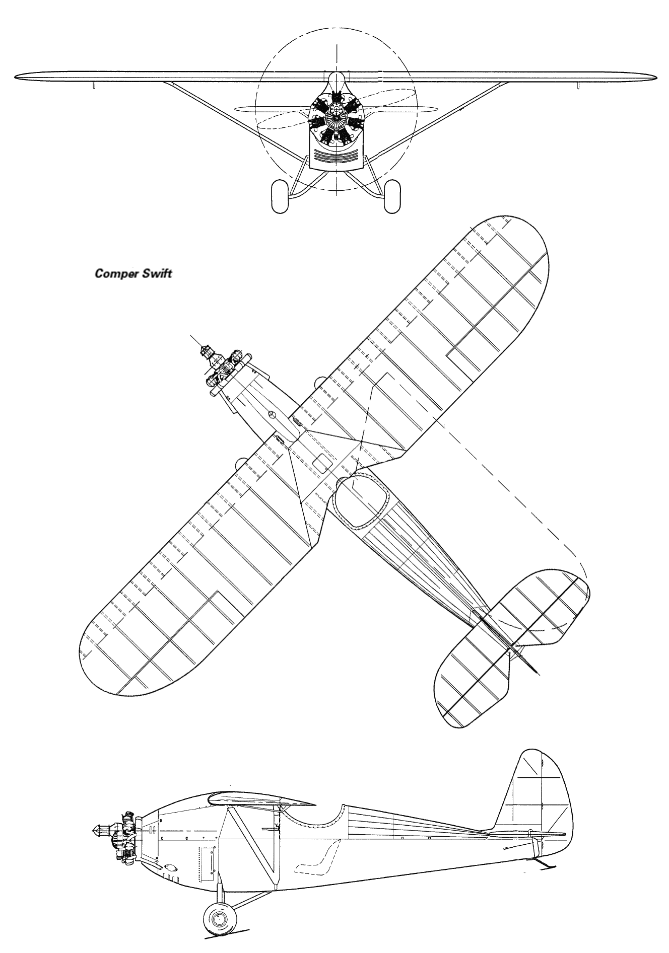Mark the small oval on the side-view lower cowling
(x=171, y=868)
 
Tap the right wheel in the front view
(x=391, y=197)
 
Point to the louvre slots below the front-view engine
(x=335, y=156)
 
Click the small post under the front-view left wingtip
(x=94, y=85)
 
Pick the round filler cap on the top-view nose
(x=272, y=415)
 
